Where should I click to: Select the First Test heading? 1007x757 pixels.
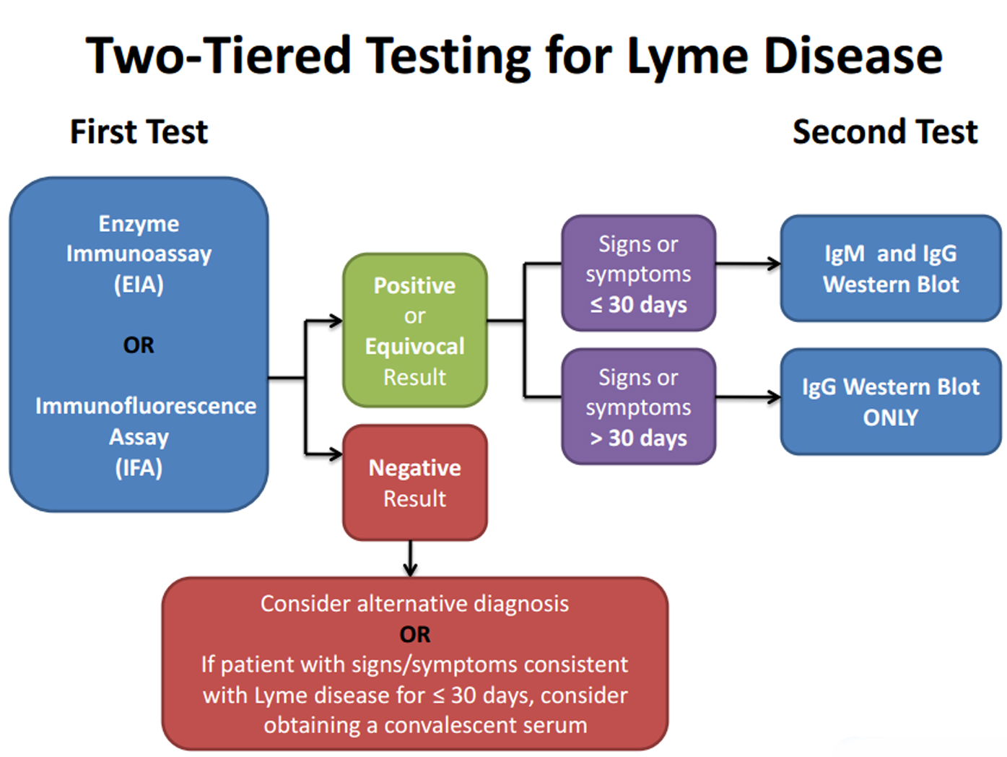[x=139, y=132]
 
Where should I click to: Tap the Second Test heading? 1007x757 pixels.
[x=885, y=132]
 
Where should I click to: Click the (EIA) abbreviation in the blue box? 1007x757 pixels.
[x=139, y=284]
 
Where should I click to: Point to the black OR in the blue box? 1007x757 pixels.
[x=139, y=345]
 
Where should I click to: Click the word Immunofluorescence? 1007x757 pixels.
[x=146, y=406]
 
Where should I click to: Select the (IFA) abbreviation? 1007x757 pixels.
[x=139, y=467]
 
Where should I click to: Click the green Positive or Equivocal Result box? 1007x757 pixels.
[x=415, y=330]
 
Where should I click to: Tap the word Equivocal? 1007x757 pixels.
[x=415, y=347]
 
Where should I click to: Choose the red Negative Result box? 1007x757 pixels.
[x=415, y=483]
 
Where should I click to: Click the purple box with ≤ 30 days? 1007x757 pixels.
[x=639, y=273]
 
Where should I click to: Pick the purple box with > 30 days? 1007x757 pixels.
[x=639, y=407]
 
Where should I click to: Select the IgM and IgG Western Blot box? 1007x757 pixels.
[x=891, y=268]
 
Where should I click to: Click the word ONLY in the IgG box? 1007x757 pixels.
[x=891, y=418]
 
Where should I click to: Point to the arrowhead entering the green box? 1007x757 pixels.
[x=336, y=321]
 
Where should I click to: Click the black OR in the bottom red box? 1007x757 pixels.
[x=415, y=634]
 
